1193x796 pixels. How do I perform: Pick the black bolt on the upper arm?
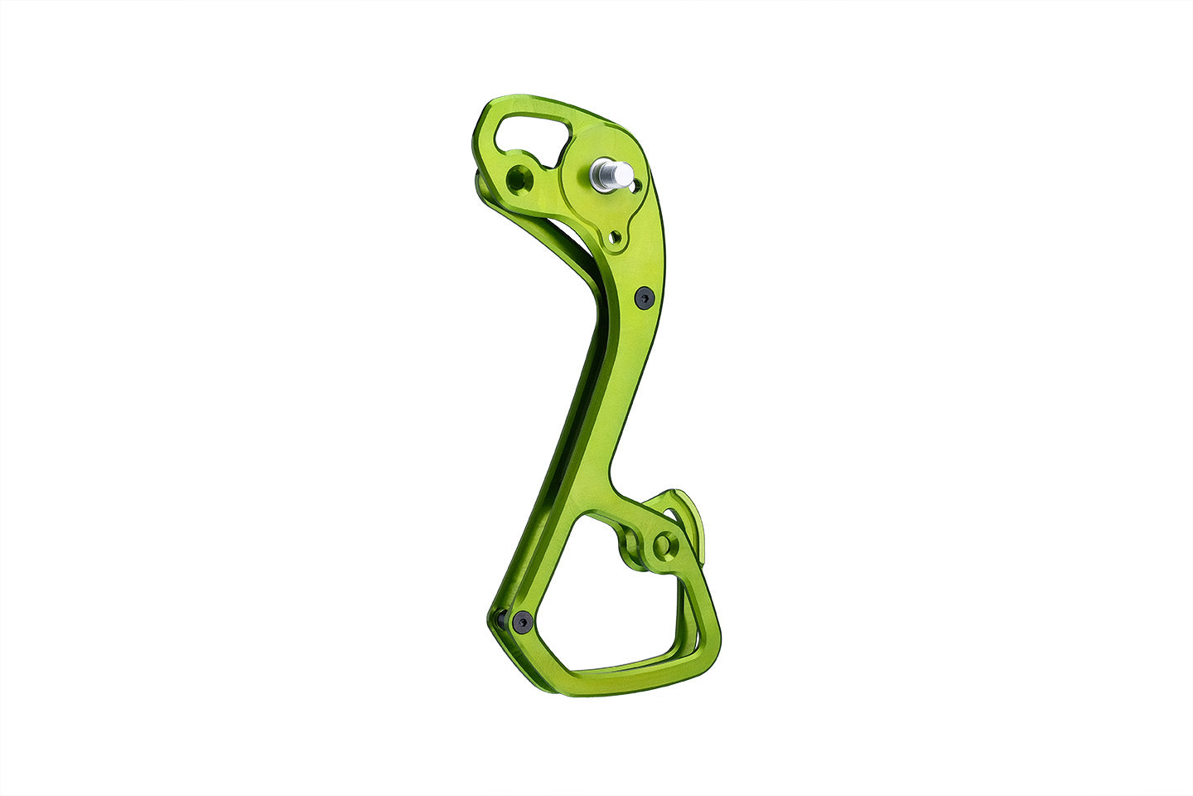click(644, 297)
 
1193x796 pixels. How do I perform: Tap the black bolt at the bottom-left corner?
click(522, 622)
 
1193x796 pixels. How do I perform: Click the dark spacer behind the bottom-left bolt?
click(500, 618)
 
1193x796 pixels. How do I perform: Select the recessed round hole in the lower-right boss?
click(663, 545)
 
